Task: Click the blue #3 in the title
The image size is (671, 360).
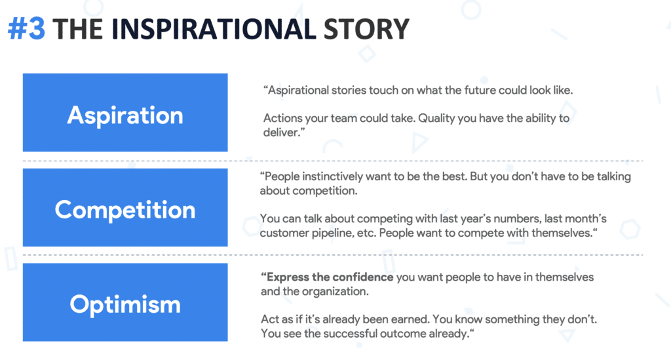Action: tap(26, 29)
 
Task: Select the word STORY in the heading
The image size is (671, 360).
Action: tap(366, 29)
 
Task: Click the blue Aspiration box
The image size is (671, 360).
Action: tap(125, 112)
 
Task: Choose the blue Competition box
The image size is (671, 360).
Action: tap(125, 207)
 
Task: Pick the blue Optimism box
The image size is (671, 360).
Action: tap(125, 302)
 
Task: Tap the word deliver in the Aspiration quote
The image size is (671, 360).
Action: tap(280, 132)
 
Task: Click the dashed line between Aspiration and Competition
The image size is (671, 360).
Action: tap(333, 161)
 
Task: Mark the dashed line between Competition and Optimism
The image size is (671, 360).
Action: tap(333, 254)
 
